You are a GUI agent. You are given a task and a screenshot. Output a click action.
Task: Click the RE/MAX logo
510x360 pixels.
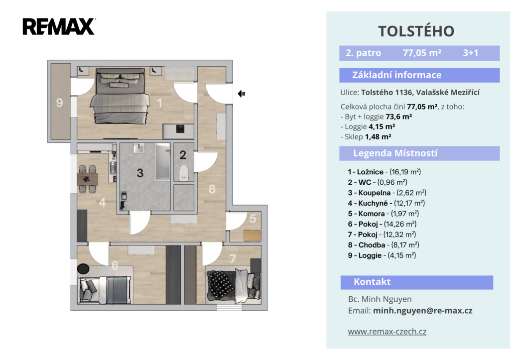(59, 26)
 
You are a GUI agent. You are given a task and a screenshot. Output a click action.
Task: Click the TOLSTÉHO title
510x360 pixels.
(416, 31)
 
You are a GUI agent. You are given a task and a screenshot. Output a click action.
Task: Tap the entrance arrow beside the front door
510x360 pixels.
(242, 94)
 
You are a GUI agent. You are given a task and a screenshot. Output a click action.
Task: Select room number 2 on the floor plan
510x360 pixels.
(183, 155)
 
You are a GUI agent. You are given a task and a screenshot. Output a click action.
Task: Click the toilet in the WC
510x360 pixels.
(184, 172)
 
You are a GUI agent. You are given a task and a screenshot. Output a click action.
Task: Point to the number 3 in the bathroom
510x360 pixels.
(140, 173)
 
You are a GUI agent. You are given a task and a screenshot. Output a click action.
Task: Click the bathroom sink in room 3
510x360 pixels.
(139, 148)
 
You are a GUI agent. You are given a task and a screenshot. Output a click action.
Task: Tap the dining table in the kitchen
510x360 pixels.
(87, 179)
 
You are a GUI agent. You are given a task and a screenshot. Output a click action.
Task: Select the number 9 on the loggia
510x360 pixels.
(60, 103)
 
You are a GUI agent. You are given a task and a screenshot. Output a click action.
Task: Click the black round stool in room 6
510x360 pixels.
(83, 268)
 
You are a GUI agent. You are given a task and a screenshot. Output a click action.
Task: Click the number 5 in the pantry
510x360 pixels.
(253, 219)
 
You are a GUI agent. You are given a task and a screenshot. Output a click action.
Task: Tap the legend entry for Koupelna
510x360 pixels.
(387, 193)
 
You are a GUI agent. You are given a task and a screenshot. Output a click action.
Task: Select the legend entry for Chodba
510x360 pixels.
(383, 245)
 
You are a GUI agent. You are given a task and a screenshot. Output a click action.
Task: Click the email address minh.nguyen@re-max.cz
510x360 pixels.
(422, 311)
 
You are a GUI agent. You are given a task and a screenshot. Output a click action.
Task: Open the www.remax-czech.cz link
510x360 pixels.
(387, 332)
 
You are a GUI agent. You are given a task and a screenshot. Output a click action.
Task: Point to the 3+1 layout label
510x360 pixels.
(470, 53)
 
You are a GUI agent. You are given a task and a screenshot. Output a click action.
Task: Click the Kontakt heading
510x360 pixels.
(372, 282)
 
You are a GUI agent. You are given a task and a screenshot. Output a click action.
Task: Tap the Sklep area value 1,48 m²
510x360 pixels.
(378, 136)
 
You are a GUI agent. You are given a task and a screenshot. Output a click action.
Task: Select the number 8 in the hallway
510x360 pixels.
(212, 189)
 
